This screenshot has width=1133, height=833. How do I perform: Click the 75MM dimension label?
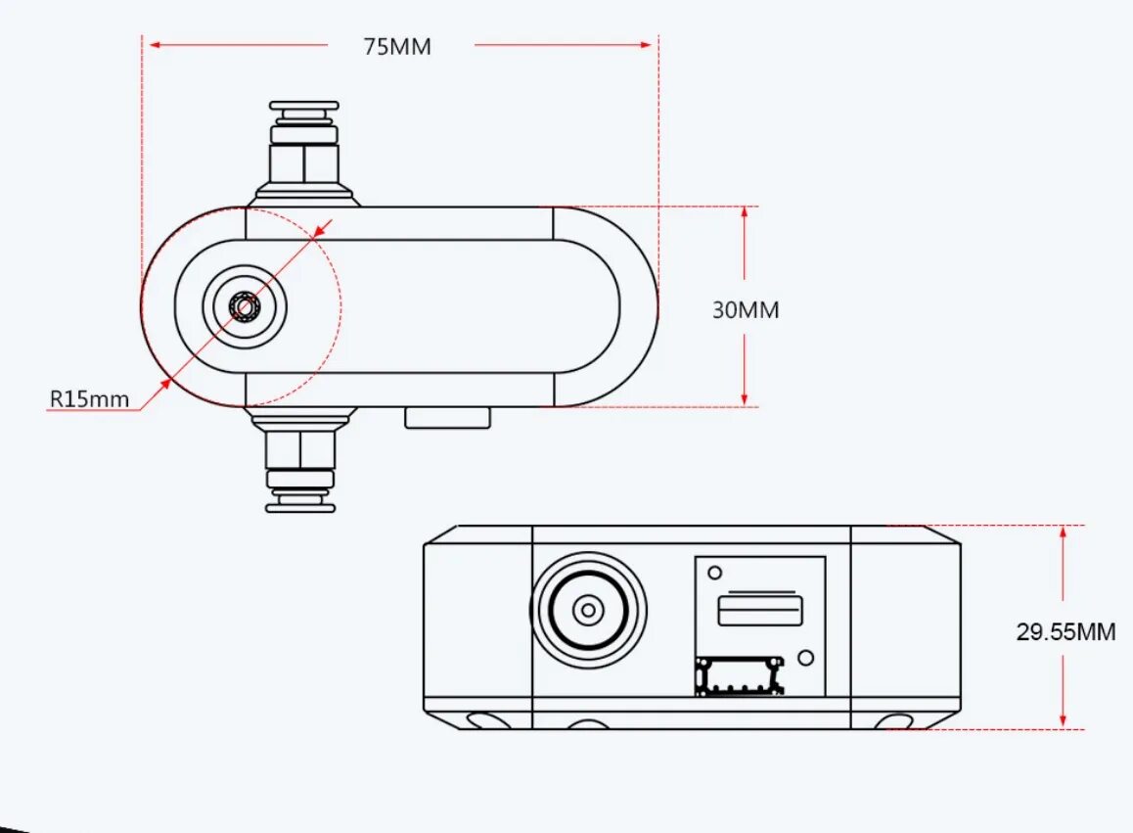[397, 46]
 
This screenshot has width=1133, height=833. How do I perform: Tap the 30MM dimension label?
[746, 310]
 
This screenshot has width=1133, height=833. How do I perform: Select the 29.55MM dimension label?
[1065, 631]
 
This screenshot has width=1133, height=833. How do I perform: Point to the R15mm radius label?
[89, 398]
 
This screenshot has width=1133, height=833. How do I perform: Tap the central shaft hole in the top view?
[244, 307]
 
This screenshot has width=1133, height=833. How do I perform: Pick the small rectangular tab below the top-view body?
[447, 418]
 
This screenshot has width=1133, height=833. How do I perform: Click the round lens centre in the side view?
[587, 611]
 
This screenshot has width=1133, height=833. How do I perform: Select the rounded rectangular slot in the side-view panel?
[760, 611]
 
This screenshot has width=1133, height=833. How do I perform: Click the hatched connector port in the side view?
[740, 676]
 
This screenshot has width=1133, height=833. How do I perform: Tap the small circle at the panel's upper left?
[715, 573]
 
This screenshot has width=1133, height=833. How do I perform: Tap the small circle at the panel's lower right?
[805, 658]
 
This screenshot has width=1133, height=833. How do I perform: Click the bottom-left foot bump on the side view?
[486, 722]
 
